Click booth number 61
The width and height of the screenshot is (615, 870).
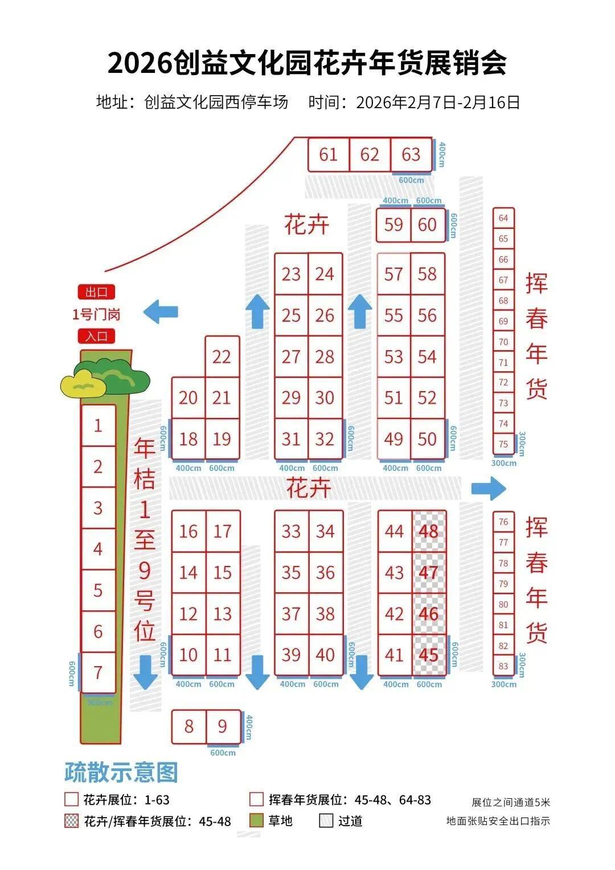pos(329,154)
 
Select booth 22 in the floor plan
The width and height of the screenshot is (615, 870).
pos(222,356)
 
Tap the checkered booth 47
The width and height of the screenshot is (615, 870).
pos(429,572)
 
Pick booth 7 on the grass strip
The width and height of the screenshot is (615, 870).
pos(99,672)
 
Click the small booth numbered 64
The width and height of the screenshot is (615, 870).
pos(503,218)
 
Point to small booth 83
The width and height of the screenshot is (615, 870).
pos(503,666)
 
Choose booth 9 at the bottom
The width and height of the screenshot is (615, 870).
pos(222,726)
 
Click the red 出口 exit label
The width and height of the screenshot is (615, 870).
pos(97,293)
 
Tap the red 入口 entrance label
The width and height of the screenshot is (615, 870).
pos(97,336)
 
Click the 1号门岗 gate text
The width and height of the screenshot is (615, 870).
pos(96,314)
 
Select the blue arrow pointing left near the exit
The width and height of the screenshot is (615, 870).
pos(161,312)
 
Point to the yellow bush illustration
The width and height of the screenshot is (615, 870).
pos(83,384)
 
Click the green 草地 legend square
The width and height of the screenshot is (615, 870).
pos(257,820)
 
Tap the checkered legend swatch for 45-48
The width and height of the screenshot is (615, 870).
pos(71,821)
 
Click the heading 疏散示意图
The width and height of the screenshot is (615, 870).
pos(121,773)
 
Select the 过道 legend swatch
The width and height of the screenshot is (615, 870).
pos(326,820)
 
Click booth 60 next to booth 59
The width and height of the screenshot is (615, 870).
pos(427,225)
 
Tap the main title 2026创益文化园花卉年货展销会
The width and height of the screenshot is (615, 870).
pos(307,63)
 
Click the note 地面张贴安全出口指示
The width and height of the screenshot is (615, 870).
pos(498,820)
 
